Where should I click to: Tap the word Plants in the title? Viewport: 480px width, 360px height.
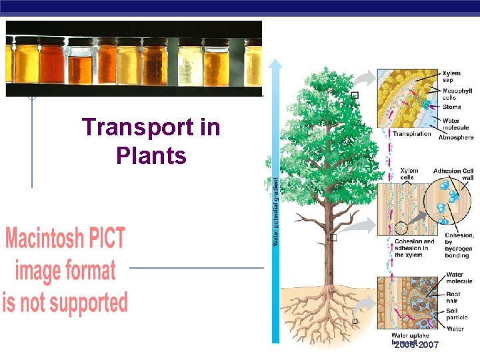[151, 156]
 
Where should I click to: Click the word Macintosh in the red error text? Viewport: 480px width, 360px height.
[65, 239]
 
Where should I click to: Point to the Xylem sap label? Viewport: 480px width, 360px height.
[451, 77]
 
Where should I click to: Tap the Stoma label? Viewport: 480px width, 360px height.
[451, 107]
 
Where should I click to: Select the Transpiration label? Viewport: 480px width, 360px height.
[411, 134]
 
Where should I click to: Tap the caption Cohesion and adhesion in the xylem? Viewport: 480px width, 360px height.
[414, 248]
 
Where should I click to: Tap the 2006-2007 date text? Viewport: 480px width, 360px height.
[416, 345]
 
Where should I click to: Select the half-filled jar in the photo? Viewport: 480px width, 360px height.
[81, 67]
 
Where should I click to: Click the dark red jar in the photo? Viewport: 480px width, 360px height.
[52, 63]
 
